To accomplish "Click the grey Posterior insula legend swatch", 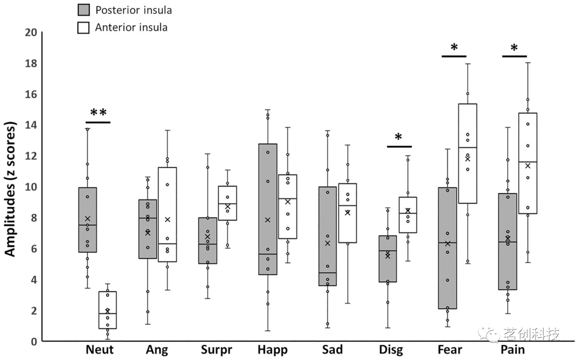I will tap(83, 10).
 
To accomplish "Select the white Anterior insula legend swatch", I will tap(83, 27).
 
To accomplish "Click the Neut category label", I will tap(99, 350).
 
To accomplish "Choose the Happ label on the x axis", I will tap(273, 350).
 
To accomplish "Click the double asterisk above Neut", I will tap(98, 113).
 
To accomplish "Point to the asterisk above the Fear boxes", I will tap(454, 48).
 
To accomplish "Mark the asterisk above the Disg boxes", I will tap(398, 137).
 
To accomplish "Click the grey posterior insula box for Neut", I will tap(87, 220).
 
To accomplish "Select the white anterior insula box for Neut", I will tap(108, 310).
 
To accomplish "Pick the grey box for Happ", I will tap(268, 209).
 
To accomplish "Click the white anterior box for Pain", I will tap(528, 163).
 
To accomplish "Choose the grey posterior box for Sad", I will tap(327, 236).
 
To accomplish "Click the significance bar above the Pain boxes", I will tap(515, 56).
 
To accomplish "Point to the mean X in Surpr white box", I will tap(227, 207).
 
